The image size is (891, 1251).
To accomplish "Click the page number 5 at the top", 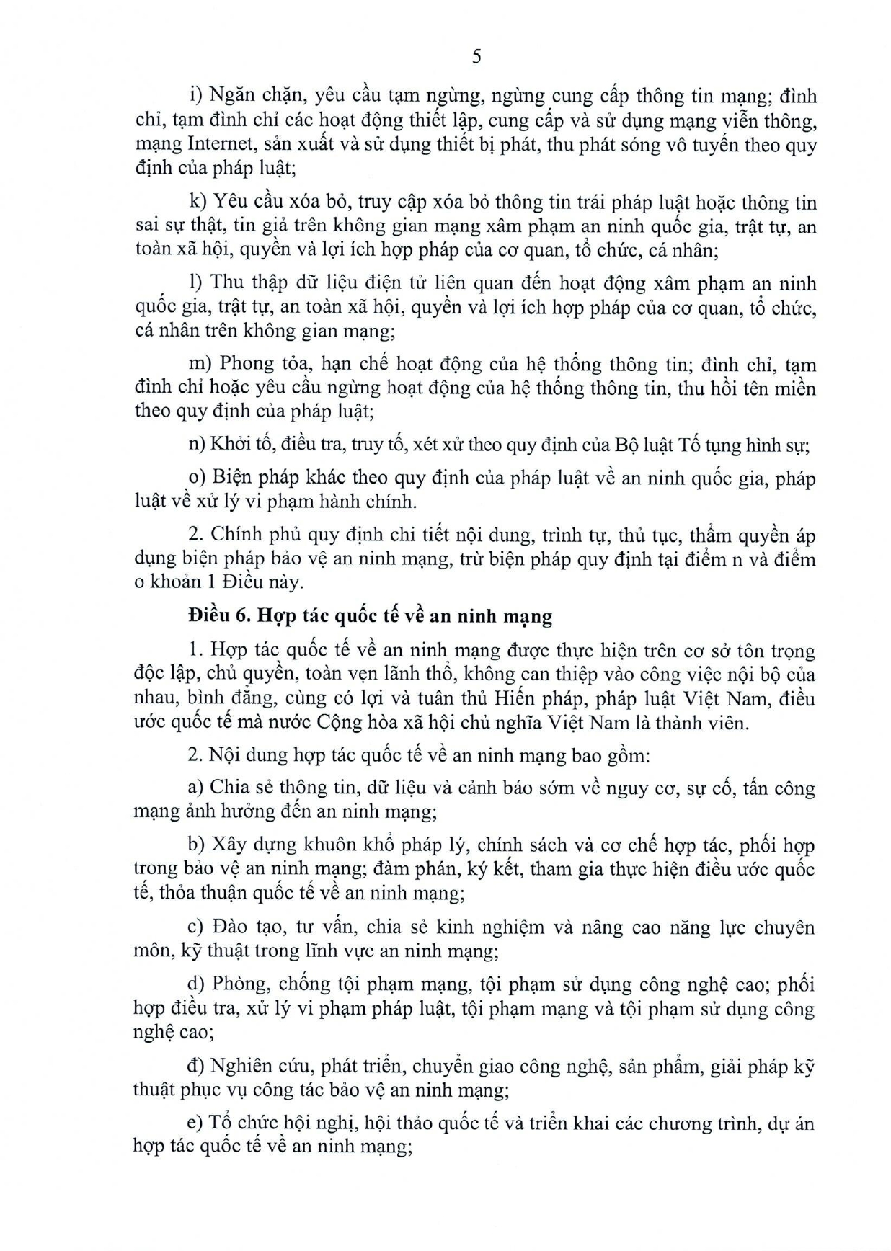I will pyautogui.click(x=476, y=57).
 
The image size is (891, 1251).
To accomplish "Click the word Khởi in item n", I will pyautogui.click(x=226, y=445).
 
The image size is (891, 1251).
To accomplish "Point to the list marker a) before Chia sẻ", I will pyautogui.click(x=196, y=788).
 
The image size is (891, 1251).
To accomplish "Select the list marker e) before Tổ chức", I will pyautogui.click(x=195, y=1123).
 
